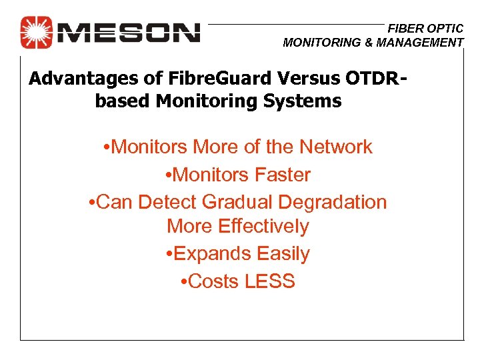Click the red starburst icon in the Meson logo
tap(36, 32)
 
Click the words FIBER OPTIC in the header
tap(425, 29)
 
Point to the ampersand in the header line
tap(366, 43)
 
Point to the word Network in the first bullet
tap(336, 147)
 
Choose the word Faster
tap(279, 175)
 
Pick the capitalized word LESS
tap(269, 281)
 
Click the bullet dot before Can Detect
tap(92, 202)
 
